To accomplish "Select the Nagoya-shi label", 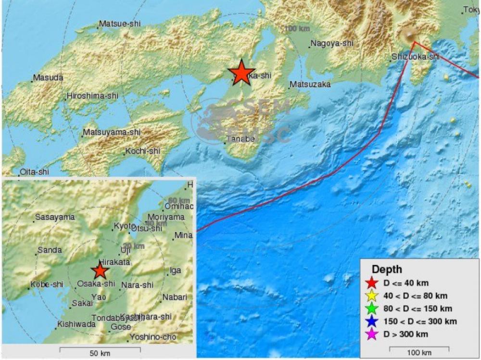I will pos(332,43).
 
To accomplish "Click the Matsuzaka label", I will pos(310,85).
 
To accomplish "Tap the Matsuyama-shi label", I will pos(112,132).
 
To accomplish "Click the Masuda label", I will pos(48,77).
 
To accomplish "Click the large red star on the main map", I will pos(241,73).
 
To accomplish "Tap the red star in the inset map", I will pos(100,271).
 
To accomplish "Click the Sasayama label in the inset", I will pos(55,217).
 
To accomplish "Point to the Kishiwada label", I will pos(76,324).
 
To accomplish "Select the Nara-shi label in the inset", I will pos(137,285).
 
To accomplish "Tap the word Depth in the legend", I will pos(387,270).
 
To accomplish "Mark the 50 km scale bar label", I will pos(100,353).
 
